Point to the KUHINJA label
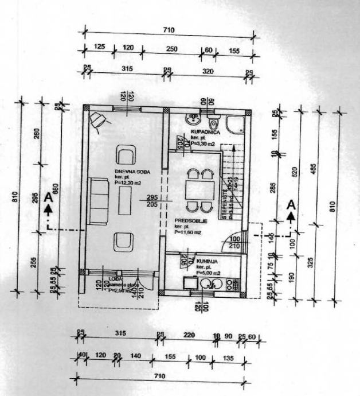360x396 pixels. pos(206,261)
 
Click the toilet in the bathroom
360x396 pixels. pos(214,123)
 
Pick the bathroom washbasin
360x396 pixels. pos(191,119)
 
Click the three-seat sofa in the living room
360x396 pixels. pos(99,195)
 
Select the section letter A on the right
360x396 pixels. pos(291,205)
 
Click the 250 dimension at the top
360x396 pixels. pos(171,49)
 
